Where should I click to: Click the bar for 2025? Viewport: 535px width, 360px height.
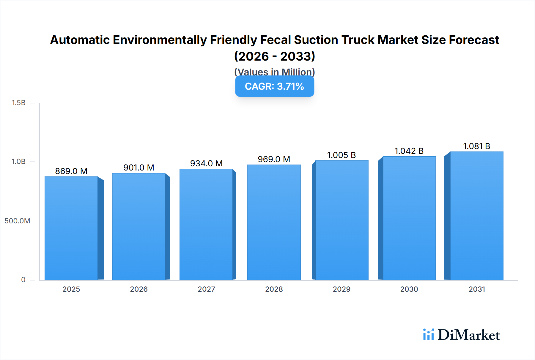[71, 228]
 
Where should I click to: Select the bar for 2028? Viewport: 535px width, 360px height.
[274, 222]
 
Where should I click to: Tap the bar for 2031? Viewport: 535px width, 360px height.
[477, 216]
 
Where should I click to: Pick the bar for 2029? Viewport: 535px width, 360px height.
[342, 220]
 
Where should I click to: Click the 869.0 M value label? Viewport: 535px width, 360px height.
[71, 171]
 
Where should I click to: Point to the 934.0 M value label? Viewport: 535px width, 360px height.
[206, 163]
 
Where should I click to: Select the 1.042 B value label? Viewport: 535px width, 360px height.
[409, 151]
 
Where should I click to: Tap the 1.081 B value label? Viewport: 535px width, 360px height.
[476, 146]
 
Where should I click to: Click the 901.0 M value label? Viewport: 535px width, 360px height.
[139, 168]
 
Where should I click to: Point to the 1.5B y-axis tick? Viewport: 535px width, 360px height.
[19, 103]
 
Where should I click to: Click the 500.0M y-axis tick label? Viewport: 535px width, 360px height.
[17, 221]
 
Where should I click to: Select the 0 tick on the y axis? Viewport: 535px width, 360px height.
[23, 280]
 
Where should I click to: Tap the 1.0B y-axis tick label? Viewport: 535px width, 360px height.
[19, 162]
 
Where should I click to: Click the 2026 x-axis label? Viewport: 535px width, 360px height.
[139, 289]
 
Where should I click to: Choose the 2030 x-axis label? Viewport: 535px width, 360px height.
[409, 289]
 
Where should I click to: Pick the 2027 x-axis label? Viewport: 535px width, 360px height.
[206, 289]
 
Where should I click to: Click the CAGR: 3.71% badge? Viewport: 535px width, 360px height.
[275, 86]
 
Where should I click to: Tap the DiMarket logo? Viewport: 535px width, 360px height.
[462, 335]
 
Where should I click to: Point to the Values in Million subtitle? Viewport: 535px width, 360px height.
[275, 72]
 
